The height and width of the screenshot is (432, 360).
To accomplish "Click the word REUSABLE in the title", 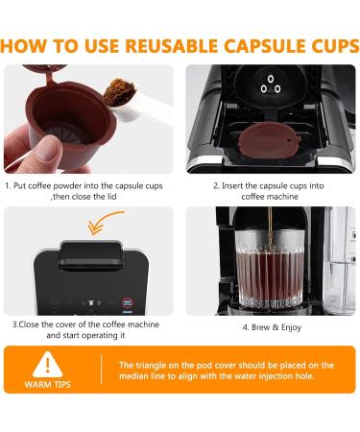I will (157, 45).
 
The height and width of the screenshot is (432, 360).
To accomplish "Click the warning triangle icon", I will (44, 366).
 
